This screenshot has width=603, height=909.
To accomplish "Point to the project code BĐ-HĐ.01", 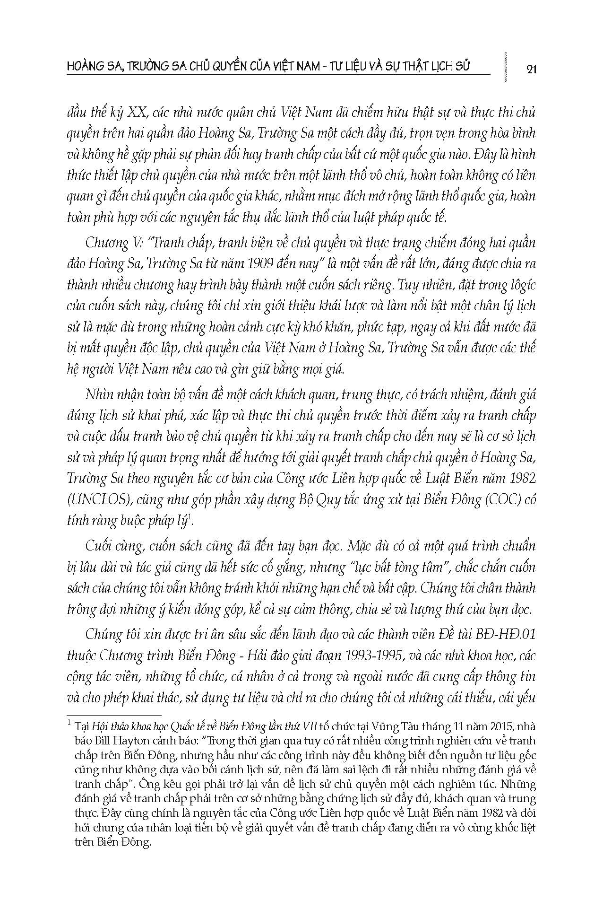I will coord(508,635).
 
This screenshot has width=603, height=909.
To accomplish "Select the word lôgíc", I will coord(516,285).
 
